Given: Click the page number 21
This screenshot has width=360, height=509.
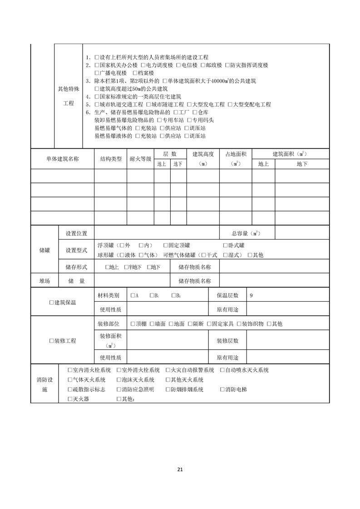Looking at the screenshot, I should tap(180, 469).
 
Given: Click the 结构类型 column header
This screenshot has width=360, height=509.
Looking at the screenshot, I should tap(111, 159).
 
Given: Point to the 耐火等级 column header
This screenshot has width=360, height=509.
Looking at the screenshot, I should tap(140, 159).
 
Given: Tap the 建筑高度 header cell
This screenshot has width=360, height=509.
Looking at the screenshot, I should tap(203, 155).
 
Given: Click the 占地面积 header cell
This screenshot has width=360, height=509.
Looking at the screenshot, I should tap(235, 155).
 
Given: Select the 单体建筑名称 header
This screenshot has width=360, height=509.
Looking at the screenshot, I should tap(62, 159).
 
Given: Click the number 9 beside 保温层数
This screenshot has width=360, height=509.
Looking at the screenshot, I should tap(252, 296).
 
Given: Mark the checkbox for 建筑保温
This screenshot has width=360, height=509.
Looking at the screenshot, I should tap(51, 303).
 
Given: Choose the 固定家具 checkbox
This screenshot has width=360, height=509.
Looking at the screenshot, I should tap(209, 324).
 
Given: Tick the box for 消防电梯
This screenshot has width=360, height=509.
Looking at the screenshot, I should tap(222, 390).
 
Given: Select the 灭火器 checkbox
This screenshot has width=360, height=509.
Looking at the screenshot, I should tap(69, 399).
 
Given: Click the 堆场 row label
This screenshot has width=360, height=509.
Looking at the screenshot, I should tap(44, 281).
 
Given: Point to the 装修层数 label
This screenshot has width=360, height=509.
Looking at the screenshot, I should tap(227, 341).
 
